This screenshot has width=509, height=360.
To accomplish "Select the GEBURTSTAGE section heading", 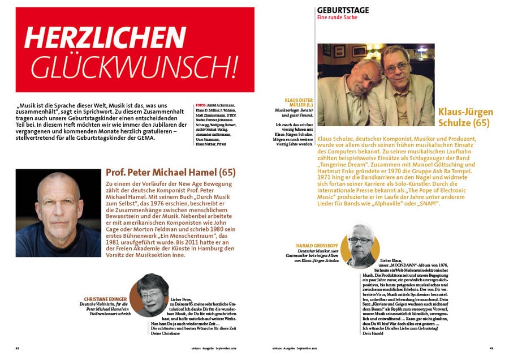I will [343, 10].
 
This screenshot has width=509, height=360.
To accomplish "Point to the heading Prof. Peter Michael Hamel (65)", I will [171, 172].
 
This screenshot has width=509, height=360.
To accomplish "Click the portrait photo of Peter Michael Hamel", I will [58, 213].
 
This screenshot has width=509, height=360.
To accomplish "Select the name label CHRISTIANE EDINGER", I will [105, 298].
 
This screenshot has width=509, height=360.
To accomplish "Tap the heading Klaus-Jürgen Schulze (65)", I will [465, 117].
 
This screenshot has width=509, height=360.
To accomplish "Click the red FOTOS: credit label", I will [200, 105].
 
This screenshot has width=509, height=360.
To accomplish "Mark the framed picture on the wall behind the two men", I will [359, 51].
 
